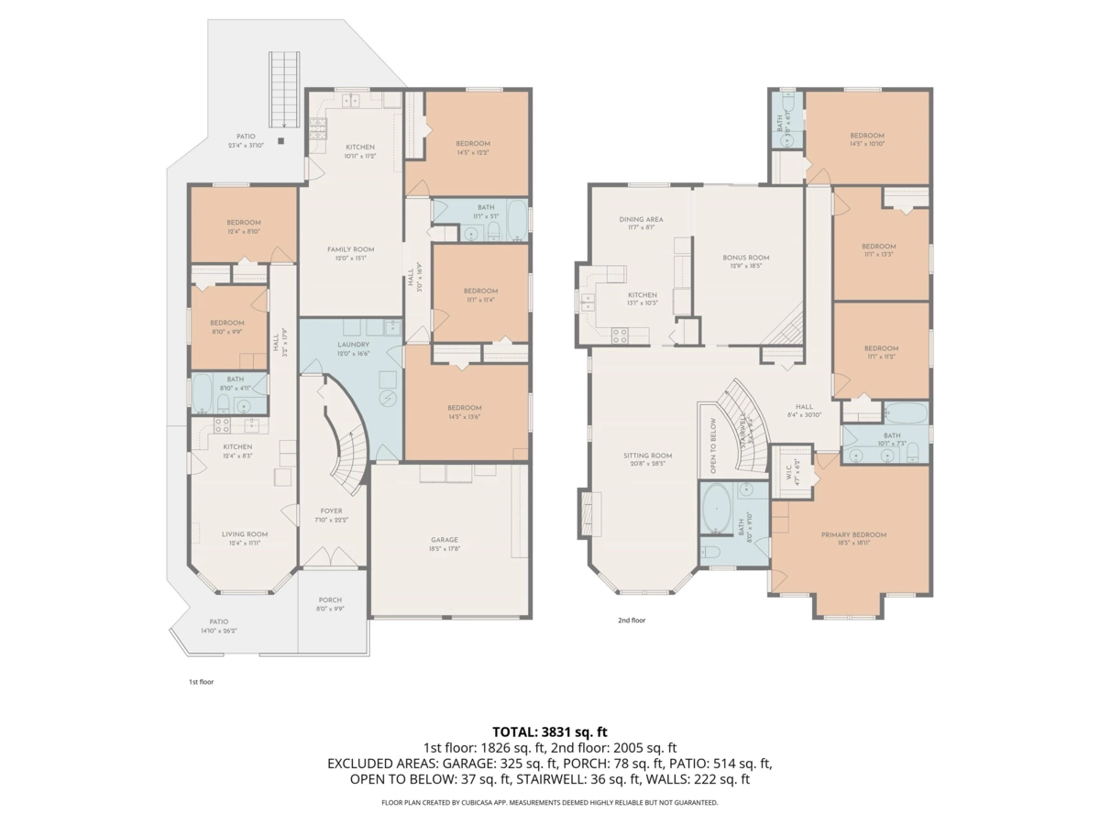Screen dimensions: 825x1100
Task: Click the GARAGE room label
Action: (445, 540)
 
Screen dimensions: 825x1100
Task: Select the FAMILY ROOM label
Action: (351, 249)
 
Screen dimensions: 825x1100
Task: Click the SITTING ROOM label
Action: (648, 456)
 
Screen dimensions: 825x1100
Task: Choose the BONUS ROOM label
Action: (745, 258)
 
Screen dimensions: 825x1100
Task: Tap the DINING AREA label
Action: (641, 220)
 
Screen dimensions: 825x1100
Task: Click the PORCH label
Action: (330, 600)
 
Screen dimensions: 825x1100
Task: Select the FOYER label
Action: (331, 511)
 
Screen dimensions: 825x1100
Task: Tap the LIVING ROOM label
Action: (245, 534)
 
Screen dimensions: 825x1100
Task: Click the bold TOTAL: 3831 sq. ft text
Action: (550, 731)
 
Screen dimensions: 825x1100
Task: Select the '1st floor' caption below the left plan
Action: (201, 682)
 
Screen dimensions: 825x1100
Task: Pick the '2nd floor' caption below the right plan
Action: (631, 621)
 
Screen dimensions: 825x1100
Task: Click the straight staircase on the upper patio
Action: (284, 91)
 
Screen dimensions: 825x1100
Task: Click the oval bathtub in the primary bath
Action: (718, 509)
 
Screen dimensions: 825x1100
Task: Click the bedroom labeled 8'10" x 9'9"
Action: (226, 327)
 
